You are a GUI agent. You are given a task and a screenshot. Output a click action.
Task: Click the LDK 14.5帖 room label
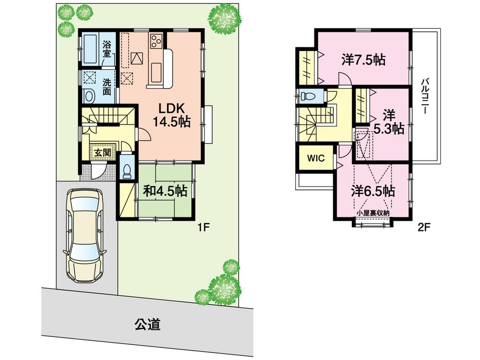tap(171, 115)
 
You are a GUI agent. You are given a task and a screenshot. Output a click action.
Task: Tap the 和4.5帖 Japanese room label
tap(165, 191)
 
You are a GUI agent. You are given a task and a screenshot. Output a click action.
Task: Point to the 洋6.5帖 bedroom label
tap(373, 191)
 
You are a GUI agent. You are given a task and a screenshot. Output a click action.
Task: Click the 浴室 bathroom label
tap(107, 48)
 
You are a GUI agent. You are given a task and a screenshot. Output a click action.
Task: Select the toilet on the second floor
tap(307, 96)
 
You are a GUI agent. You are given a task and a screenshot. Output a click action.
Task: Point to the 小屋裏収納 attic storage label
tap(373, 212)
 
